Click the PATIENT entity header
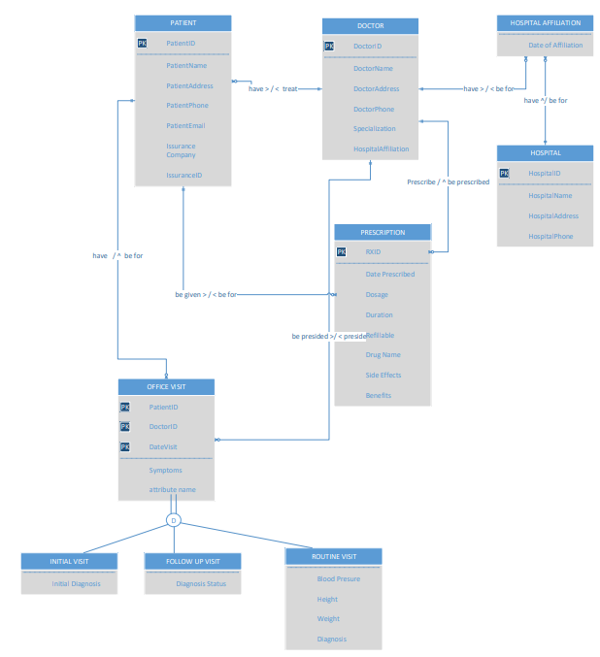[x=183, y=22]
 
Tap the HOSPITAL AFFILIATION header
[x=545, y=22]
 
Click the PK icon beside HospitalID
[x=504, y=174]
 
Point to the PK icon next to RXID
[x=341, y=252]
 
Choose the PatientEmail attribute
[x=185, y=125]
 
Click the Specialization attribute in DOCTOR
[x=374, y=129]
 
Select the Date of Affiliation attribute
[x=555, y=45]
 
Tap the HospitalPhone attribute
[x=550, y=236]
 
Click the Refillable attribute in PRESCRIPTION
[x=381, y=335]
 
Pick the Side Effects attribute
[x=383, y=375]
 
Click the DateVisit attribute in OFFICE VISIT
[x=163, y=446]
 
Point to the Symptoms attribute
[x=166, y=470]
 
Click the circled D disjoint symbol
[x=174, y=521]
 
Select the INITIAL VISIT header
[x=69, y=561]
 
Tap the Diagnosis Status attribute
[x=201, y=584]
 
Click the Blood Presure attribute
[x=339, y=578]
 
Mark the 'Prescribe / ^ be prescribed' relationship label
[x=448, y=181]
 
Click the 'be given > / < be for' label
[x=206, y=293]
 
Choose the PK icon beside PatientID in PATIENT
[x=143, y=44]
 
